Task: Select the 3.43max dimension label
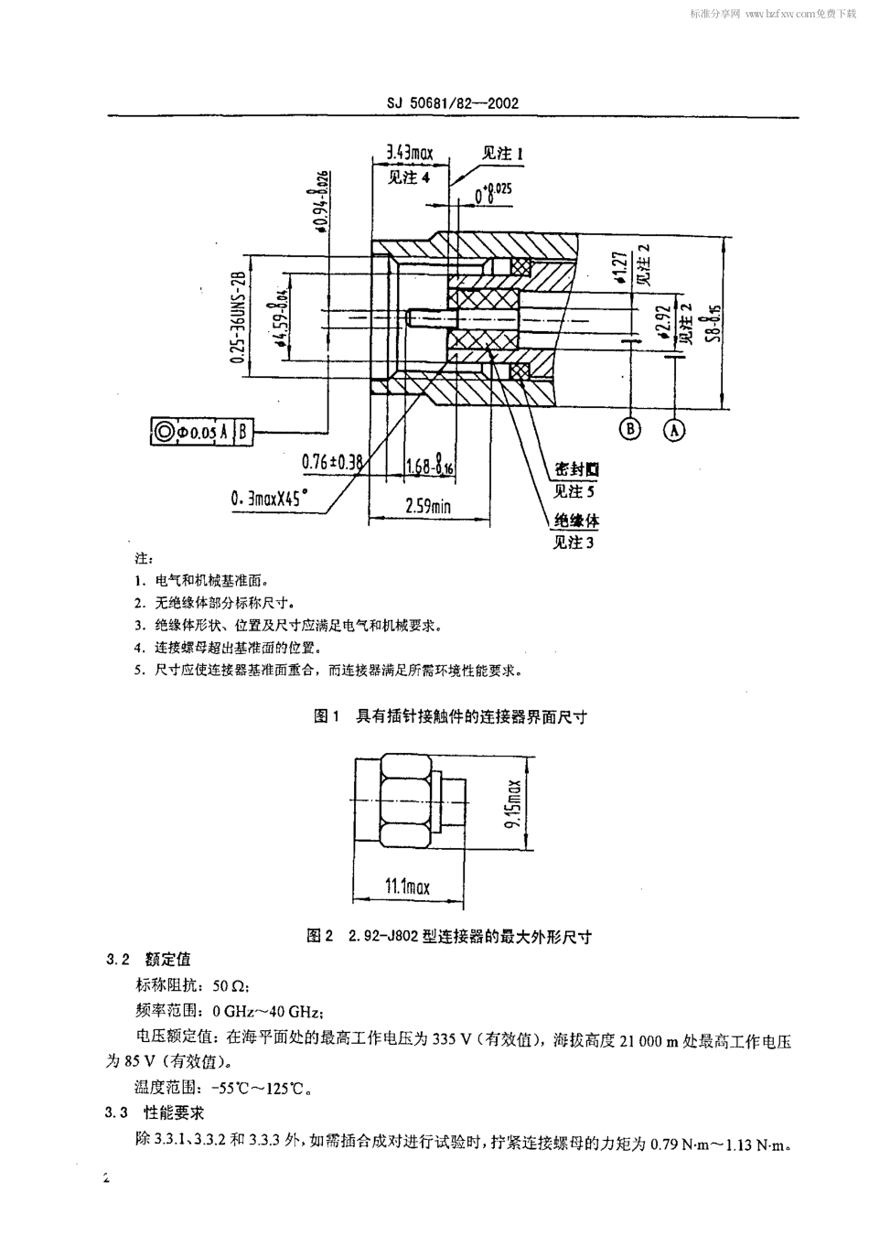(x=408, y=153)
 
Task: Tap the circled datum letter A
(x=674, y=429)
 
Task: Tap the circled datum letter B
(x=629, y=429)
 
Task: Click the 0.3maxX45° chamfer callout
(x=270, y=500)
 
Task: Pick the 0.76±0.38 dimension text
(x=332, y=462)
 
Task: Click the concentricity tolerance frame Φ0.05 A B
(x=202, y=432)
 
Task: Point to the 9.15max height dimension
(x=513, y=804)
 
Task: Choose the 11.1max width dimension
(x=406, y=886)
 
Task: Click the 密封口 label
(x=576, y=469)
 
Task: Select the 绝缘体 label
(x=576, y=521)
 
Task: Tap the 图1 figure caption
(x=450, y=716)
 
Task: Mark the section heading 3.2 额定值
(x=149, y=960)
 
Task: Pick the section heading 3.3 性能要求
(x=156, y=1112)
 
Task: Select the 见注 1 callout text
(x=503, y=154)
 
